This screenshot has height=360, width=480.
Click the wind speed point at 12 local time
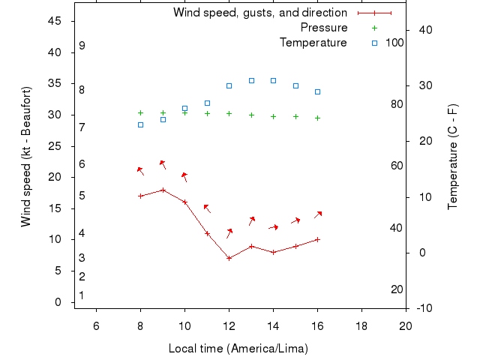click(229, 258)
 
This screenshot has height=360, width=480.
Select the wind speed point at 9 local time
click(163, 190)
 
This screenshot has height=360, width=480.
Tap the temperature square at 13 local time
click(251, 80)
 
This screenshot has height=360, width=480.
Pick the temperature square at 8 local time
click(140, 124)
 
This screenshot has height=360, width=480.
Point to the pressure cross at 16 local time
click(317, 118)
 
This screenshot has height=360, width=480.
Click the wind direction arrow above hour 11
click(207, 208)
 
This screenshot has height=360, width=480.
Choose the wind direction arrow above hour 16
click(318, 214)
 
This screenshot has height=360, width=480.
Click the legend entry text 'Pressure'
click(324, 28)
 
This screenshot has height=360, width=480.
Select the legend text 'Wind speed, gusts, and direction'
click(259, 13)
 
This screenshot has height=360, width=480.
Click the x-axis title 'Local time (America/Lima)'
click(238, 349)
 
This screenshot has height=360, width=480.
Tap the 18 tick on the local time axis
click(361, 325)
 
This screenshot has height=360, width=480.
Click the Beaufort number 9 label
click(82, 46)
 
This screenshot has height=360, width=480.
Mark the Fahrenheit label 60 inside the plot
click(397, 166)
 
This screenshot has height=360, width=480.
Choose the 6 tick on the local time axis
click(96, 325)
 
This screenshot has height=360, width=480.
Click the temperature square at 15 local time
click(295, 85)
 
